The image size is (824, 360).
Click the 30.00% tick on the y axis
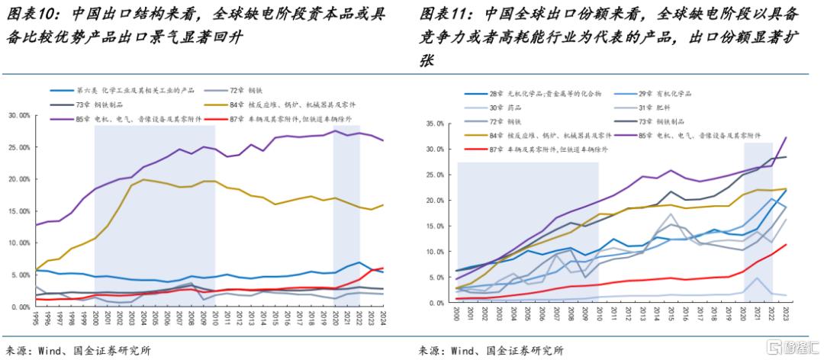tap(17, 115)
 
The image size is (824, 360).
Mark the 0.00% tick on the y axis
tap(18, 307)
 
